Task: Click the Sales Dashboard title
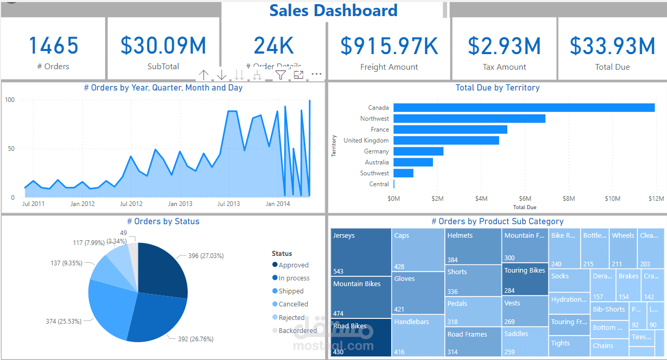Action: point(333,10)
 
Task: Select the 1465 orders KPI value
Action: point(54,46)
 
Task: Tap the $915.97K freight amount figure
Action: point(389,46)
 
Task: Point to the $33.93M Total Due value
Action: point(612,46)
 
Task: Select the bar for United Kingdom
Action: point(446,140)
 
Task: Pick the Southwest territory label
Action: point(374,173)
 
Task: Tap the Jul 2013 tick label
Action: point(228,204)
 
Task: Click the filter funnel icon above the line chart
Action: point(280,75)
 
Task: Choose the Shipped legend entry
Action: point(290,291)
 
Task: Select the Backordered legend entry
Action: point(297,331)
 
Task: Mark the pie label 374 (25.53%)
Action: point(63,322)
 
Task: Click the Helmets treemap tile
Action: point(473,246)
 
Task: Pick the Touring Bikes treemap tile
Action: point(524,279)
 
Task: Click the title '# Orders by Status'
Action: point(163,222)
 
